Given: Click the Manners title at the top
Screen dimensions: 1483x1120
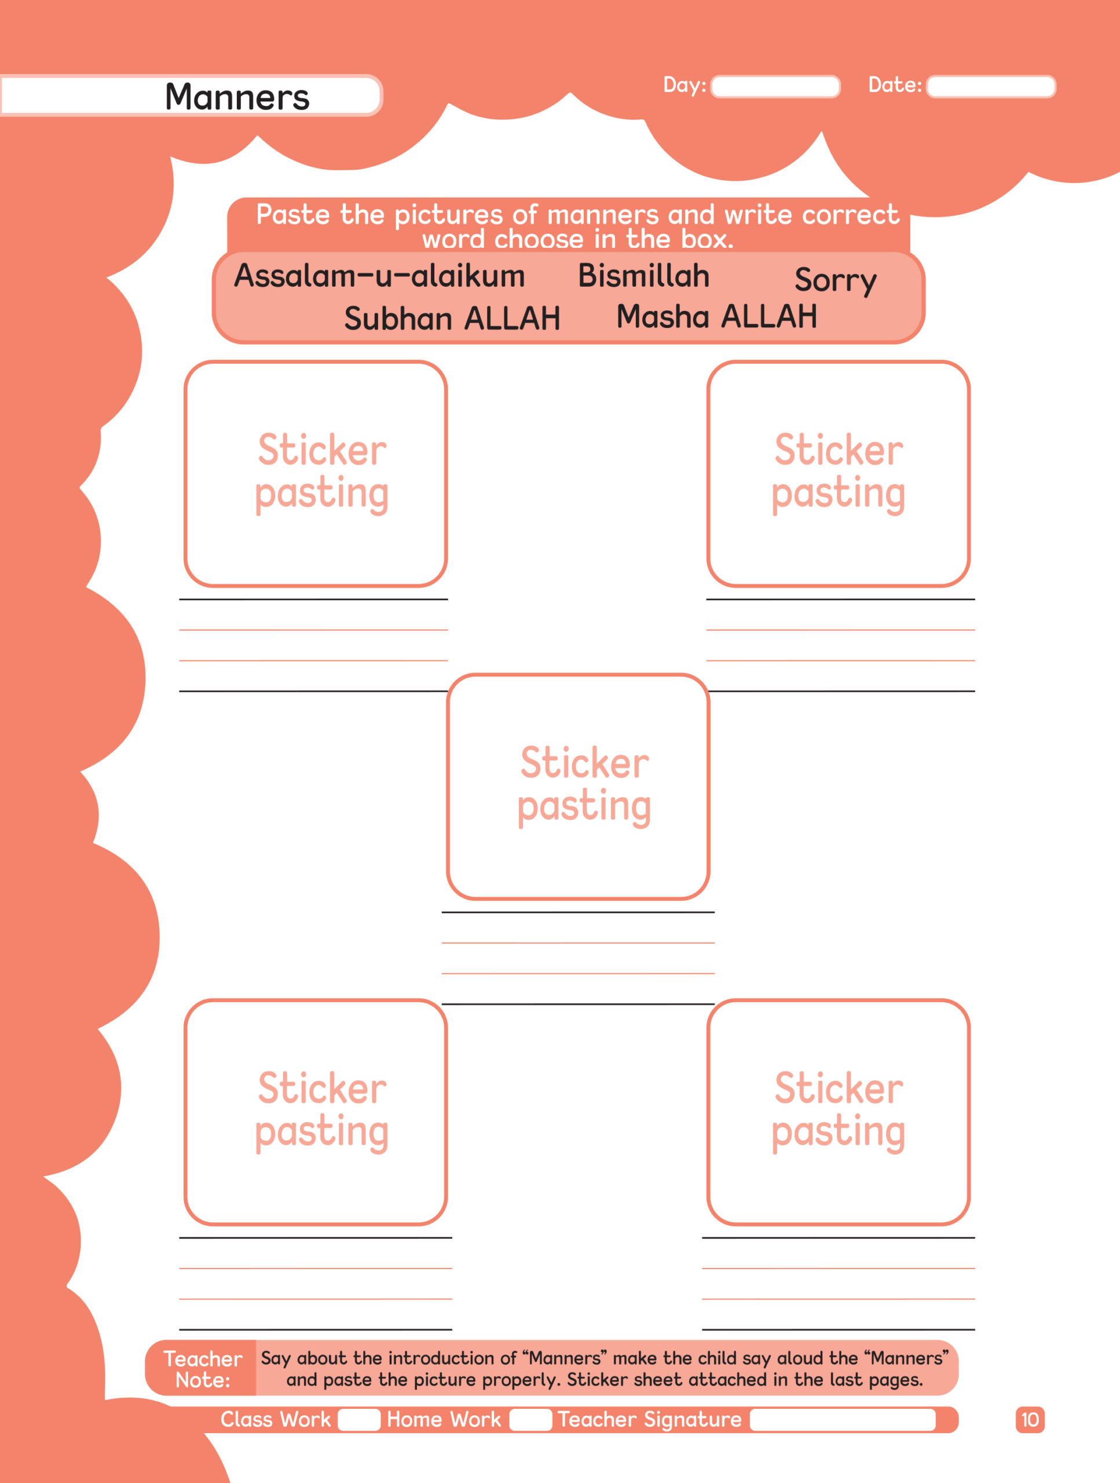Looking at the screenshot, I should pos(237,97).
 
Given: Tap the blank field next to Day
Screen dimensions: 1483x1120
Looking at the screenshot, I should pos(775,86).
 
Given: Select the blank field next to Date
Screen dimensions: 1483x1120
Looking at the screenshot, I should pos(991,86).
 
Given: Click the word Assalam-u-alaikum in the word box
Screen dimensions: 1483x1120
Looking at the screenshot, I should pos(379,276).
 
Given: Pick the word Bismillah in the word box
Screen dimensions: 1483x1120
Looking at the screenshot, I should pos(643,276).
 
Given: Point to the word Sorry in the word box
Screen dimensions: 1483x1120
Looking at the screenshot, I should pos(835,280).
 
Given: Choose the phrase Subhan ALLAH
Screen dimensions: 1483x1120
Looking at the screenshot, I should pos(452,319).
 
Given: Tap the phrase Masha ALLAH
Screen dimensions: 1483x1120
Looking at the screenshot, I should pos(716,316).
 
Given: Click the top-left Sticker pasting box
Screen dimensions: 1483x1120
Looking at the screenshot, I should pos(316,473).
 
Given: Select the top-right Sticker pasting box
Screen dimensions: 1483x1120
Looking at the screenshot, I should pos(839,473).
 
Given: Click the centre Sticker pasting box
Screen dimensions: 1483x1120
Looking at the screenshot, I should pos(578,787).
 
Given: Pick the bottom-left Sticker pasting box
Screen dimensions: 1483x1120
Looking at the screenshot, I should pos(316,1112).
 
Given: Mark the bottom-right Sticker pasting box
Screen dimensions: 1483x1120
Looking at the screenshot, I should pos(839,1112).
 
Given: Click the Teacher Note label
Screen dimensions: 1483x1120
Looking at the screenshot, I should pos(203,1369).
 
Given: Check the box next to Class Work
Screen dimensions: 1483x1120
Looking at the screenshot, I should pos(358,1420).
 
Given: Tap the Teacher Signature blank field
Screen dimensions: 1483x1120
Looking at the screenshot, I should pos(843,1420).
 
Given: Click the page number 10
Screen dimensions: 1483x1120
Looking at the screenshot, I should pos(1030,1420).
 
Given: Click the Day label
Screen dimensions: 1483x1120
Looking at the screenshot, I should pos(684,85).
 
